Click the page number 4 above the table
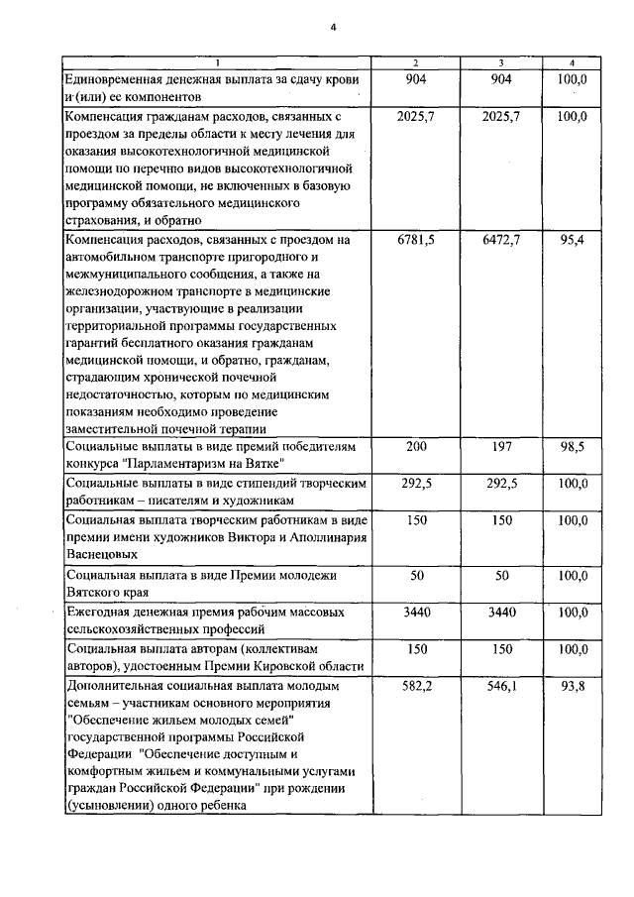tap(334, 27)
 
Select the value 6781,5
tap(415, 240)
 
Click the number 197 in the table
tap(501, 447)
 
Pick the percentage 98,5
tap(572, 447)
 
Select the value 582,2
tap(415, 685)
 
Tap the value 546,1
tap(501, 685)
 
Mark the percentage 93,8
tap(572, 685)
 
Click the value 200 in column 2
tap(415, 447)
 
